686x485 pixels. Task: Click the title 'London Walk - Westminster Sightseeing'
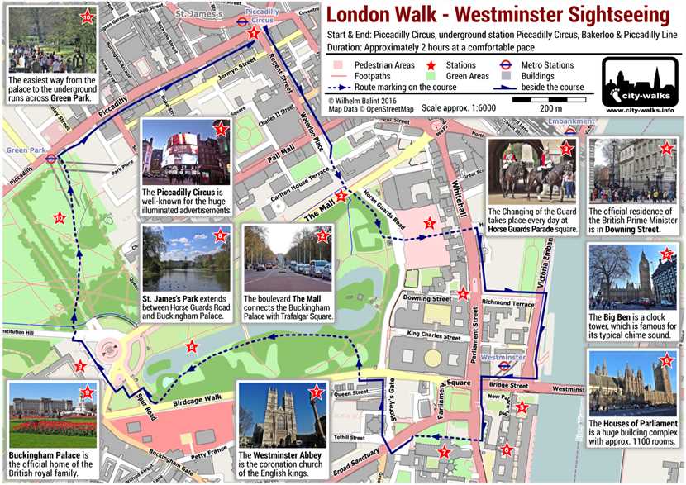[498, 16]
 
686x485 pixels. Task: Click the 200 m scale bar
[545, 101]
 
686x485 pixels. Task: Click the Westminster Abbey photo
[282, 414]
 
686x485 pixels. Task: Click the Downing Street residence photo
[633, 170]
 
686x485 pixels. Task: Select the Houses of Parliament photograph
[632, 383]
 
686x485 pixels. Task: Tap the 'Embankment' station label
[571, 122]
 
